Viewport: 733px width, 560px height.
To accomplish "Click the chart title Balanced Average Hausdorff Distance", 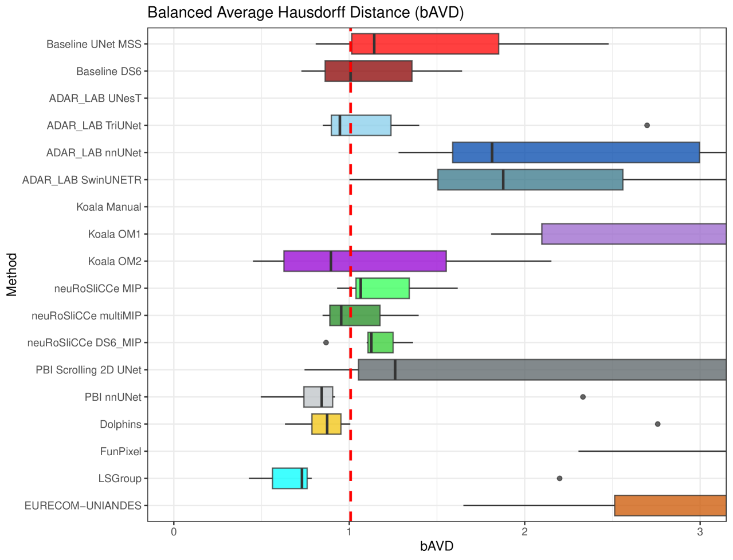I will point(305,13).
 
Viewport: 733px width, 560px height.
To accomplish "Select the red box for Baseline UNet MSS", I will point(436,44).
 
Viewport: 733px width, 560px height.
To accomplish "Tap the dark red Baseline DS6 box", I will point(381,71).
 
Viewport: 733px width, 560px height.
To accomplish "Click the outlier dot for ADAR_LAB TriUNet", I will point(647,125).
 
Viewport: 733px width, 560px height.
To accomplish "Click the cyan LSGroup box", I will point(287,479).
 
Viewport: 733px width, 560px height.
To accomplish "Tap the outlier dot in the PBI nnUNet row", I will point(583,397).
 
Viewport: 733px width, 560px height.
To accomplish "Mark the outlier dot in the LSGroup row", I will point(559,478).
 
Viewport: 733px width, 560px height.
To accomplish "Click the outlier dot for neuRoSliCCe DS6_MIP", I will point(326,342).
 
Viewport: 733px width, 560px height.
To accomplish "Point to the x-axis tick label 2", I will point(524,532).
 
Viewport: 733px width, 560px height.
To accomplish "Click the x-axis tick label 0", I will point(174,532).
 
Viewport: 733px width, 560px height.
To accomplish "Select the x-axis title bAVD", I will point(437,546).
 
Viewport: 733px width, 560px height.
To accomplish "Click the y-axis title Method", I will point(12,275).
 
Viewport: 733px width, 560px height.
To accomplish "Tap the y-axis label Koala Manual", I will point(108,207).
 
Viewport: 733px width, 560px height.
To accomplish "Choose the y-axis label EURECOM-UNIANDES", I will point(83,506).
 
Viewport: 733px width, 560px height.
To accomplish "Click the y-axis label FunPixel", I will point(120,452).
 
